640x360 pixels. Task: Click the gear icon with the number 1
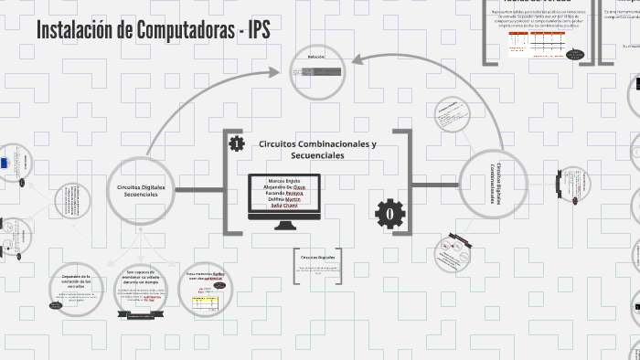point(237,143)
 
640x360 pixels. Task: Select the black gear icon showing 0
point(389,213)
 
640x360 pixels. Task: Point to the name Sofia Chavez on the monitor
point(283,206)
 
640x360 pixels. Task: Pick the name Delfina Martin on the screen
point(283,199)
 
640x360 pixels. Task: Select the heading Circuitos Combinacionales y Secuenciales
point(317,150)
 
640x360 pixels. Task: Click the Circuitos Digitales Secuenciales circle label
point(142,190)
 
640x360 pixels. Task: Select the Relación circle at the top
point(317,71)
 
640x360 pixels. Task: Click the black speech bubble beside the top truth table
point(577,54)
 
